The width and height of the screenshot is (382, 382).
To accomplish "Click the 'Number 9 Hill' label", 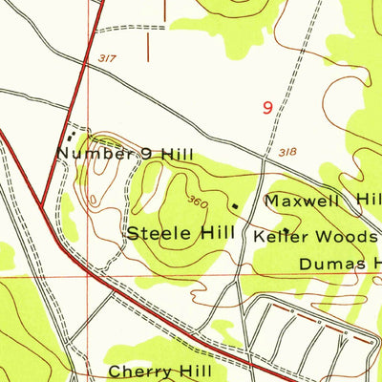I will (x=124, y=153).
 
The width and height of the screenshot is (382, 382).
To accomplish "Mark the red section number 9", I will (x=268, y=108).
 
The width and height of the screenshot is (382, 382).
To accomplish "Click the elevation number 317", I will (x=106, y=59).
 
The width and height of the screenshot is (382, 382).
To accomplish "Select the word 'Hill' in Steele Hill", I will (x=221, y=232).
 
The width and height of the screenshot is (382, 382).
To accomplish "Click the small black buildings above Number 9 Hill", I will (x=68, y=137).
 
